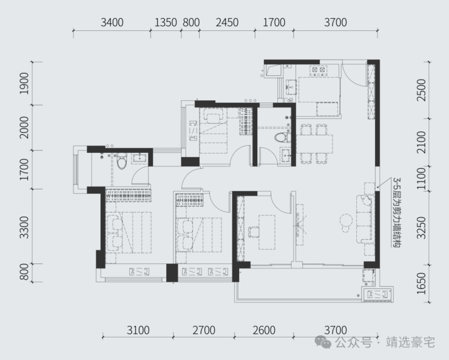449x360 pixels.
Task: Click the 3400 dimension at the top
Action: pos(112,22)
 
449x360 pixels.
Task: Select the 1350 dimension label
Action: pos(166,22)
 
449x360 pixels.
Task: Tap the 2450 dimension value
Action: pos(227,22)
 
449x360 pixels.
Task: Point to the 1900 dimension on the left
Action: pos(24,83)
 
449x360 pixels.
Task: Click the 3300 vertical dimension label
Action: pos(24,228)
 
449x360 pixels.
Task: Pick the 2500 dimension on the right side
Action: pos(422,90)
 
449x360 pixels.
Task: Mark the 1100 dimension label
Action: pos(422,178)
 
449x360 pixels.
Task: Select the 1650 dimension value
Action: pos(422,284)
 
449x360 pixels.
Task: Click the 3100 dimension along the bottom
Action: pos(138,330)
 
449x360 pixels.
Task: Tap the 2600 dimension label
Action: pos(264,330)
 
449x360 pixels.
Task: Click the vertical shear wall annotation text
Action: pos(397,212)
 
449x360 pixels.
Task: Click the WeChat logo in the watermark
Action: pos(323,342)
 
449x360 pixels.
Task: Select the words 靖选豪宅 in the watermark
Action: pos(410,342)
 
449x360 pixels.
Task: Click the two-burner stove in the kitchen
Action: pos(319,70)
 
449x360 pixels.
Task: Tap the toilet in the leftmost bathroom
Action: pos(122,161)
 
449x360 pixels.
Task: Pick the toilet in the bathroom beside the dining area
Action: pos(283,137)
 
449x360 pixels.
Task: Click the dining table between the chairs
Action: pos(314,144)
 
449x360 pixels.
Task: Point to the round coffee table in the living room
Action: pos(346,220)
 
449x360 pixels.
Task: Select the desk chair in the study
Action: pos(254,232)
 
